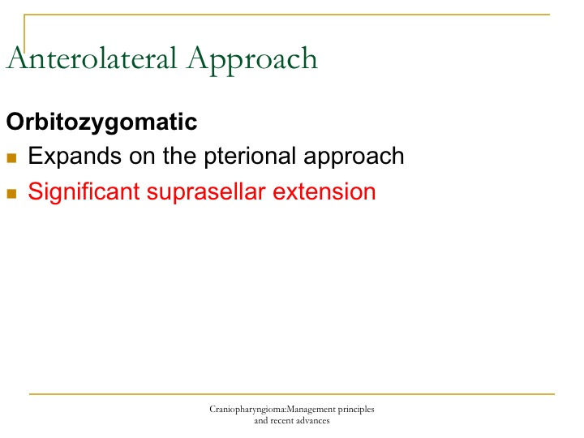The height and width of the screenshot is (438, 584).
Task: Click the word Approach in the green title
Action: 252,60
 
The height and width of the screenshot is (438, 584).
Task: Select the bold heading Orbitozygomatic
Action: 101,122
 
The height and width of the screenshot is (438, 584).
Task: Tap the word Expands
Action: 75,156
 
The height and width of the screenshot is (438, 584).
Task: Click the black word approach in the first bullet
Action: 354,157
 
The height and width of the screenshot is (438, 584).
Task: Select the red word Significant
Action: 84,191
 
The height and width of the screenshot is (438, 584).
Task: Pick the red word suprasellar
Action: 206,192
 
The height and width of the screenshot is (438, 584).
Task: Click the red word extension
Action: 324,191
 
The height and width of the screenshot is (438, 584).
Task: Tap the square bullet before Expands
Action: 11,158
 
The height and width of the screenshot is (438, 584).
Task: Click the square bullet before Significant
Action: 11,194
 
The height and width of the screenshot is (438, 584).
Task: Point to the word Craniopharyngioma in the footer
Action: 247,410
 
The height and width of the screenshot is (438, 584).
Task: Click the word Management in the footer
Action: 311,410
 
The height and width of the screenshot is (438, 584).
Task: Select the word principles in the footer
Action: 356,410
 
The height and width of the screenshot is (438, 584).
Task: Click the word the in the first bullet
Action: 179,155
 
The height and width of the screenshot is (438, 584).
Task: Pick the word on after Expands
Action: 142,157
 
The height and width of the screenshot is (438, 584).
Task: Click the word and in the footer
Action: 261,421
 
